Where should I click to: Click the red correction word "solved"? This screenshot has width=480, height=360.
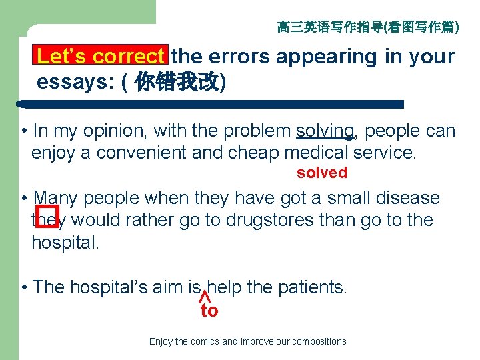pyautogui.click(x=322, y=173)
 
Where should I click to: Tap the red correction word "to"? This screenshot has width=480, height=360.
pyautogui.click(x=209, y=311)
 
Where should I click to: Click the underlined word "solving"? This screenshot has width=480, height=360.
pyautogui.click(x=325, y=131)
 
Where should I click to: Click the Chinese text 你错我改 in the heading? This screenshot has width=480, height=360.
pyautogui.click(x=177, y=82)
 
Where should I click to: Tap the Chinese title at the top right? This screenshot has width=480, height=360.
pyautogui.click(x=367, y=27)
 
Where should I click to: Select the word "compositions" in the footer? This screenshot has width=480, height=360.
pyautogui.click(x=319, y=341)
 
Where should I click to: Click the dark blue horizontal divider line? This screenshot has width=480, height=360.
pyautogui.click(x=210, y=105)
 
